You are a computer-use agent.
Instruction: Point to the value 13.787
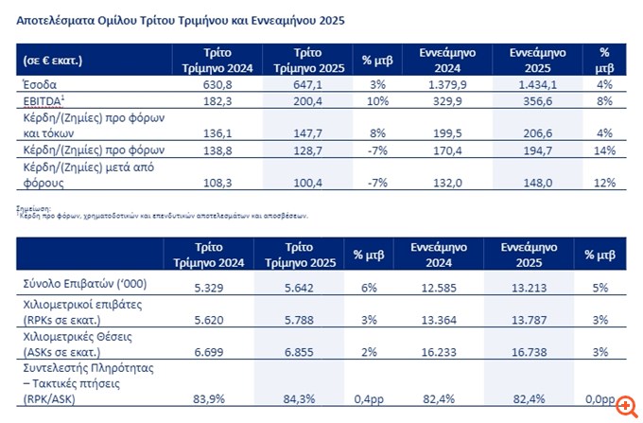[x=535, y=319]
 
